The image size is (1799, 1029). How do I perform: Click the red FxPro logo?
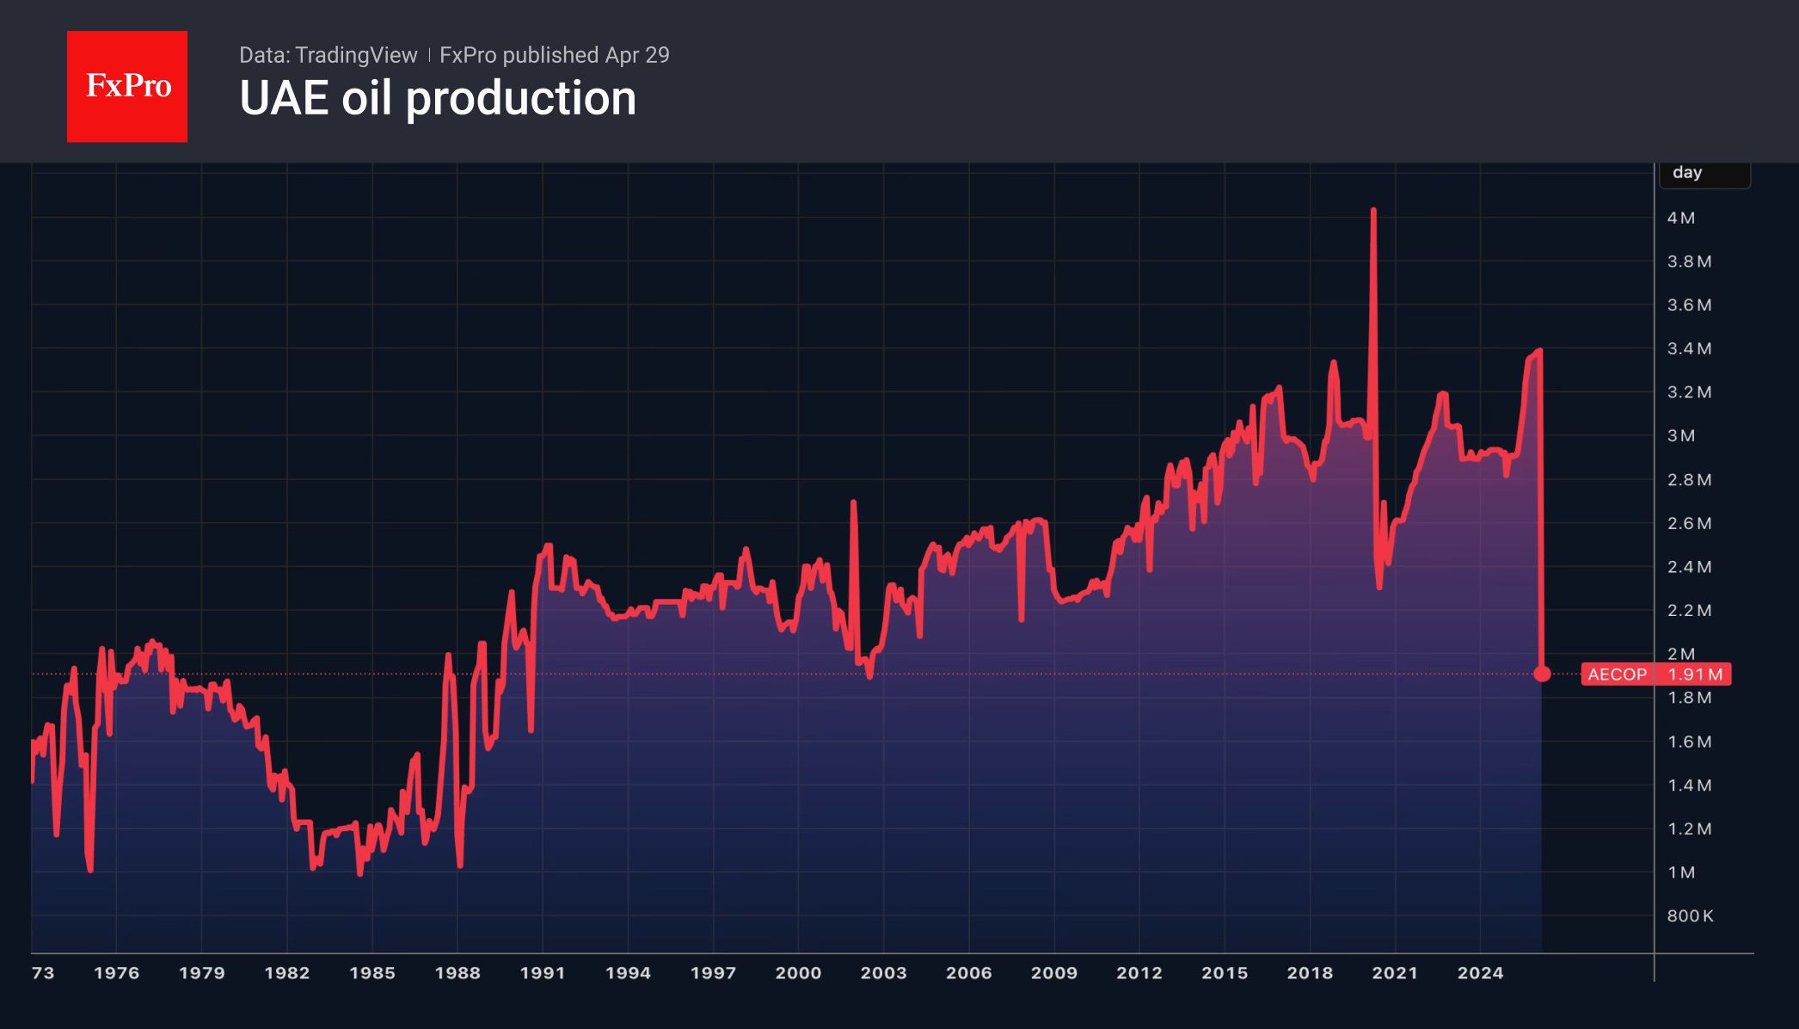click(x=127, y=86)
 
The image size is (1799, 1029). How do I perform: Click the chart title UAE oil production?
click(x=438, y=98)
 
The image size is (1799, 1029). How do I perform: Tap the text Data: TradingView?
click(x=328, y=55)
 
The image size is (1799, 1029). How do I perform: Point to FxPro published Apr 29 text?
click(x=554, y=55)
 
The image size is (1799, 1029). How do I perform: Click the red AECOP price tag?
click(x=1617, y=675)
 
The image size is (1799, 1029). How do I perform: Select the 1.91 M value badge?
click(x=1694, y=675)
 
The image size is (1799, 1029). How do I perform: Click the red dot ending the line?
click(x=1542, y=674)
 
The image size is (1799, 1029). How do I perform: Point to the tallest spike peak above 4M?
click(x=1373, y=211)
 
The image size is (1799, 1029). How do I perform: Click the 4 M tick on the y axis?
click(x=1681, y=219)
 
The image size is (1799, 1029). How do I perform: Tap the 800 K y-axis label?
click(x=1690, y=916)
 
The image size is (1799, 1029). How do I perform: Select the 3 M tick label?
click(x=1681, y=436)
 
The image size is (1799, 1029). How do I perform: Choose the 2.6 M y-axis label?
click(x=1689, y=524)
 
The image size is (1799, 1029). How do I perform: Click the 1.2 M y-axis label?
click(x=1689, y=829)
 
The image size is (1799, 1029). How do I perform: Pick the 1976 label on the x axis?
click(x=116, y=973)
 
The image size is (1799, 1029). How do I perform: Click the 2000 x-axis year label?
click(x=798, y=973)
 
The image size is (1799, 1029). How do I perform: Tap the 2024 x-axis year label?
click(x=1480, y=973)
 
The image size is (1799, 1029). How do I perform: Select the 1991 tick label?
click(x=543, y=973)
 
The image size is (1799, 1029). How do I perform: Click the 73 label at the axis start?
click(x=43, y=973)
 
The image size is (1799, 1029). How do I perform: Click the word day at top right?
click(x=1687, y=172)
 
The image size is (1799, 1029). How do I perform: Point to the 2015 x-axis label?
click(x=1225, y=973)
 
